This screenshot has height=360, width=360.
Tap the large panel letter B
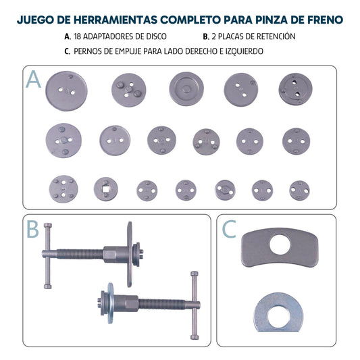point(32,230)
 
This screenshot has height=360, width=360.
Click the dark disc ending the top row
point(295,88)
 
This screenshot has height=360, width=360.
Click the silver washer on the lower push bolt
point(108,301)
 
